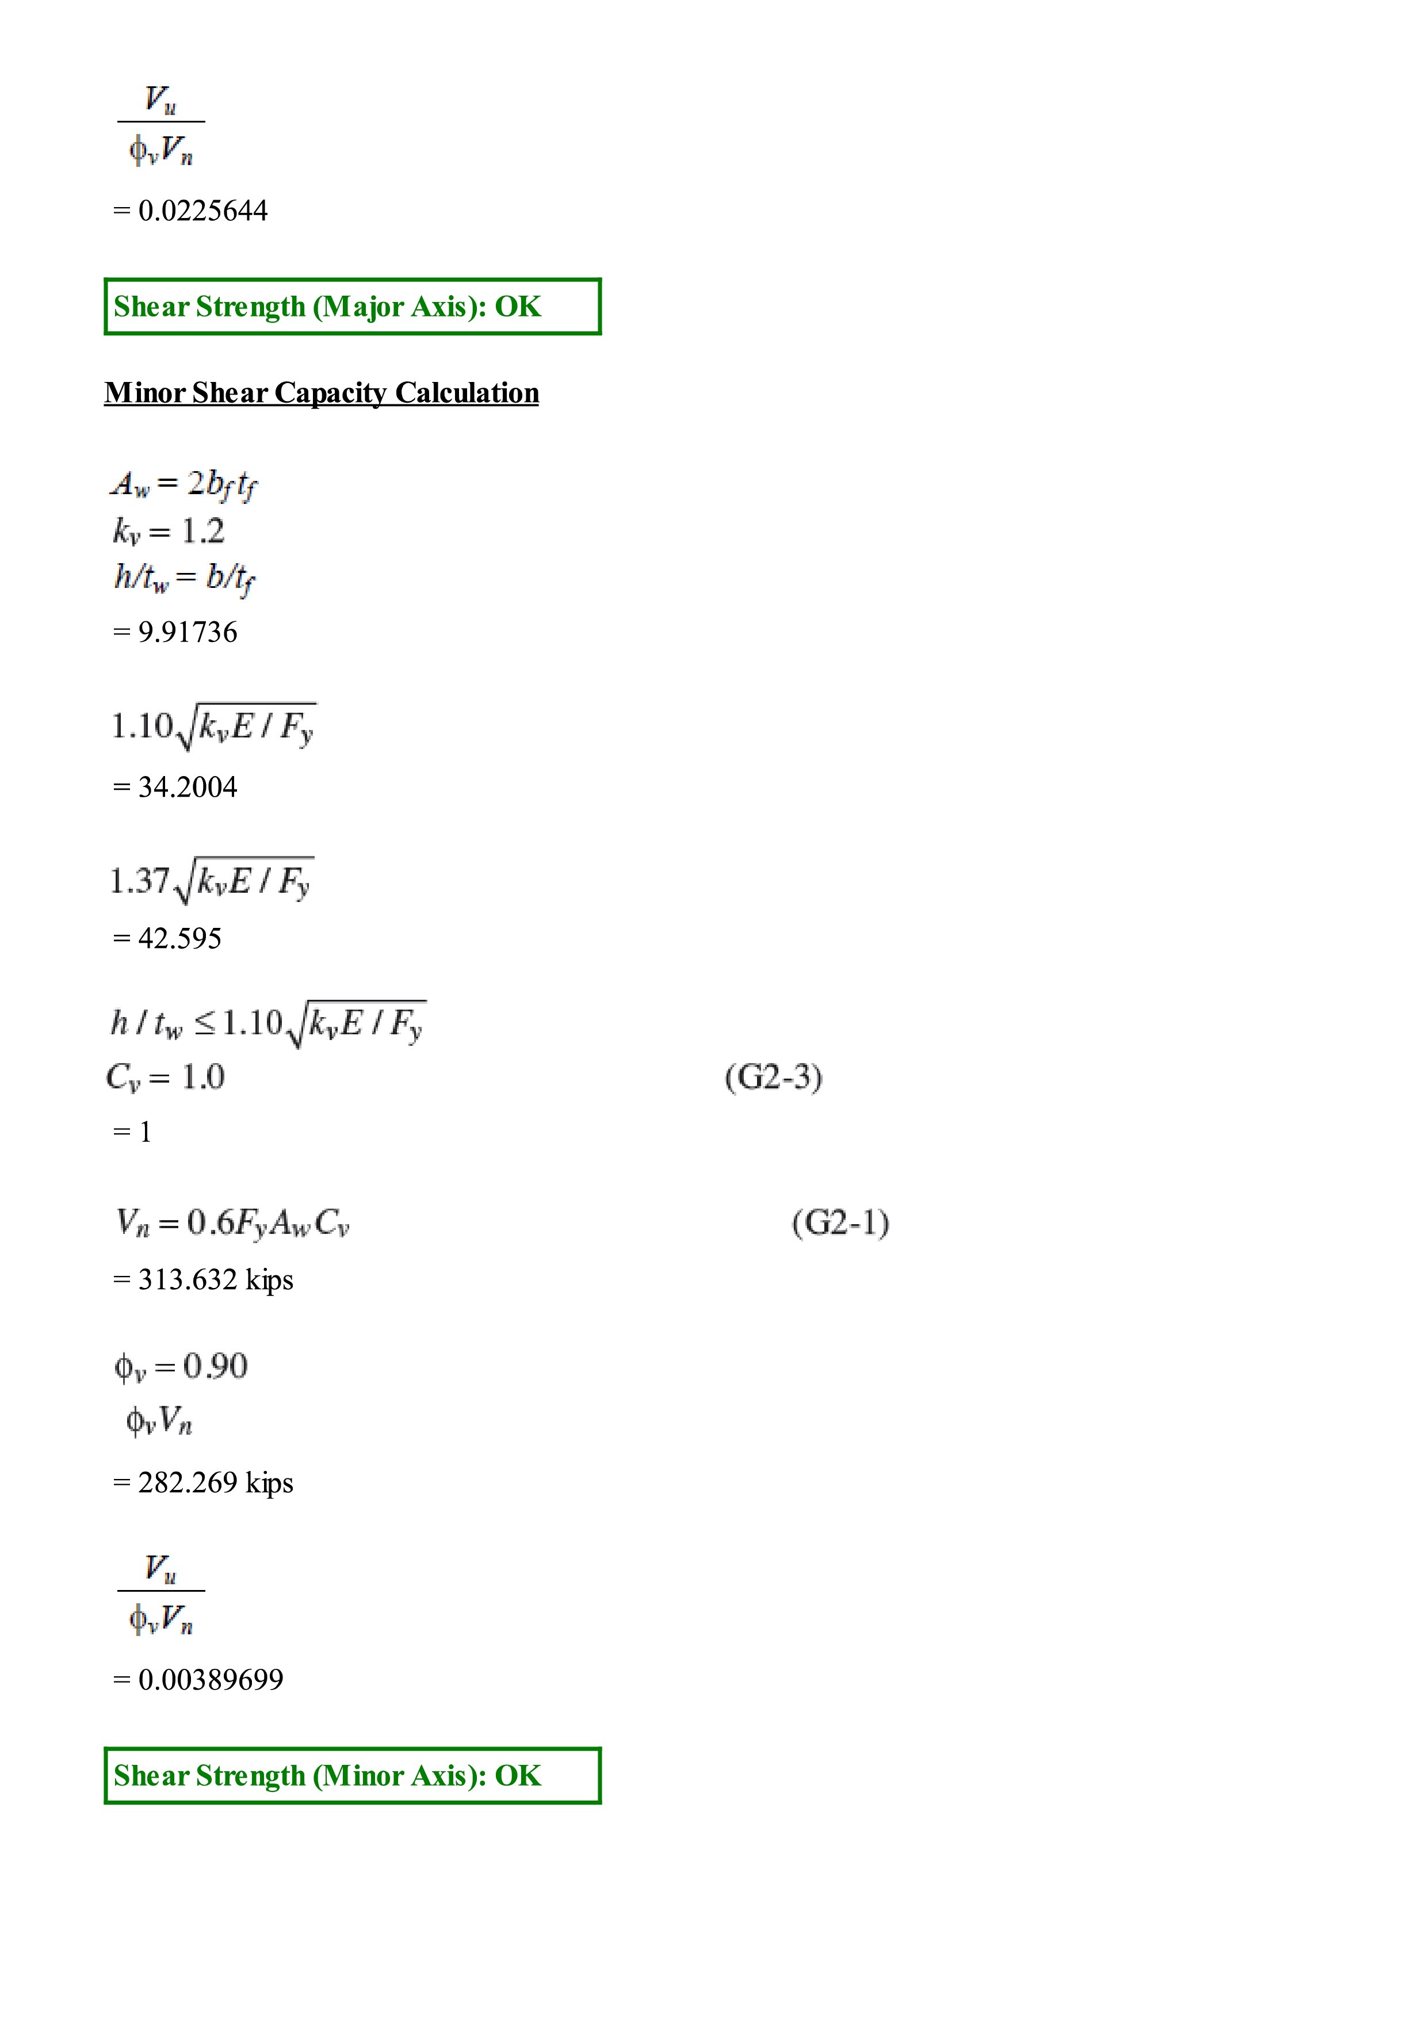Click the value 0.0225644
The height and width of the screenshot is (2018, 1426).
point(202,211)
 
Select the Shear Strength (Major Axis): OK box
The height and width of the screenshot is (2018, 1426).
point(352,307)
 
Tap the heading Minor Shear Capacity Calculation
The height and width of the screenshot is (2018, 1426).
point(322,393)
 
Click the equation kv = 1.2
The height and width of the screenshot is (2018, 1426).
point(169,532)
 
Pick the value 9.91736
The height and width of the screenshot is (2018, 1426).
point(187,632)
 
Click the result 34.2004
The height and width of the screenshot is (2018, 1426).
point(187,786)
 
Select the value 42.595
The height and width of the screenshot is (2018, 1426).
point(179,939)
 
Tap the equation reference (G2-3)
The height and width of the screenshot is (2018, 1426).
point(773,1077)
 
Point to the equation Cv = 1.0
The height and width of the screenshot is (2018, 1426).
point(165,1077)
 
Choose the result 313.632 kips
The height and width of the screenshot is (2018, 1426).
point(215,1280)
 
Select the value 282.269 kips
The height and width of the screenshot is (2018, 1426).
point(215,1483)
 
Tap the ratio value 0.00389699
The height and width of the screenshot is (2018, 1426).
point(211,1680)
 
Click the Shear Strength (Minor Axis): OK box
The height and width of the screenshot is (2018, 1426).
point(352,1776)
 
